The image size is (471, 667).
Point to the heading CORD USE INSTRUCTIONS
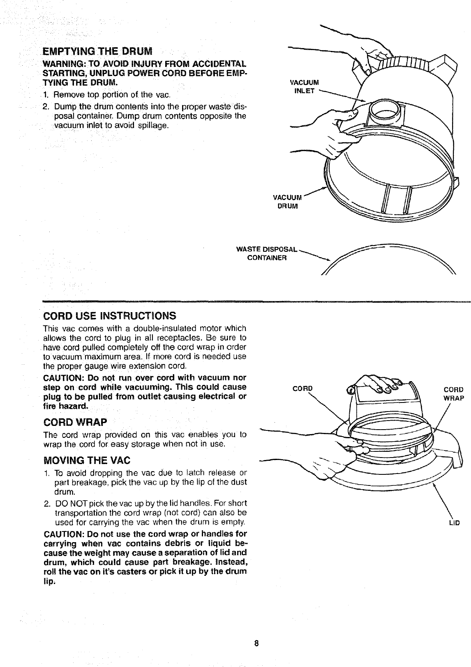[x=110, y=316]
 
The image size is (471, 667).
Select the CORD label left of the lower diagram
[x=302, y=389]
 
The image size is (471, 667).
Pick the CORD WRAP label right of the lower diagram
[x=454, y=393]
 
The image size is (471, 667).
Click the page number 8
[x=256, y=643]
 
